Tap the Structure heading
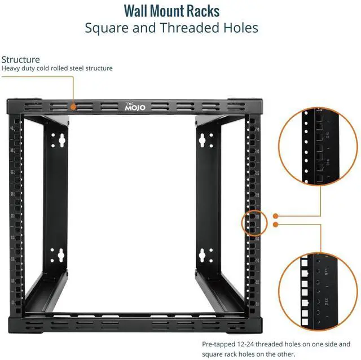pos(20,59)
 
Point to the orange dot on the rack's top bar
pos(73,105)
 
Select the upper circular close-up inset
pos(320,148)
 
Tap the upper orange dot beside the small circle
pos(275,216)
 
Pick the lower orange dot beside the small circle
pos(275,225)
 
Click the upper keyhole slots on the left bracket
pos(58,139)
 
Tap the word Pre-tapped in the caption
pos(219,344)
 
